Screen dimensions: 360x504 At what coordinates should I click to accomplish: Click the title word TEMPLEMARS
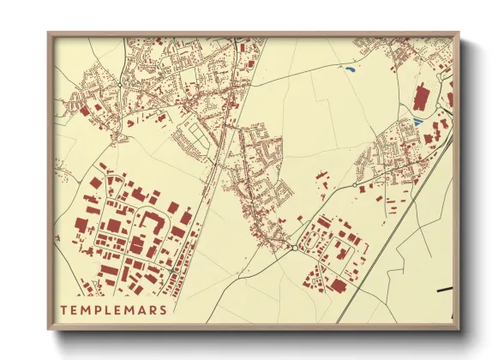click(113, 309)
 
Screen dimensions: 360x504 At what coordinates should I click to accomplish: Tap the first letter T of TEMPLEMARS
click(63, 309)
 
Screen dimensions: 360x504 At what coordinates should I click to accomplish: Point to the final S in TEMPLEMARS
click(163, 309)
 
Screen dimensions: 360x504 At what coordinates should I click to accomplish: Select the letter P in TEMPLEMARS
click(94, 309)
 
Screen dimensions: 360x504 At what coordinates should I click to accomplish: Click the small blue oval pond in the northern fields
click(350, 68)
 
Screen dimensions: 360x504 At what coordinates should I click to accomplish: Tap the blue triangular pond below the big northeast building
click(417, 123)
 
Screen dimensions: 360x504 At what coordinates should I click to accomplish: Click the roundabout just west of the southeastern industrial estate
click(294, 248)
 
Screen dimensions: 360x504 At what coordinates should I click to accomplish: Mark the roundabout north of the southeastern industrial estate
click(355, 184)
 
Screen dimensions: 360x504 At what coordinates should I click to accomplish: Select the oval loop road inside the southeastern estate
click(328, 249)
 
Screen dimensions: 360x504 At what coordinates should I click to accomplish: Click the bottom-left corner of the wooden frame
click(50, 328)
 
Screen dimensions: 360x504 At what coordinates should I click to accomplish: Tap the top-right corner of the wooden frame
click(458, 34)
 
